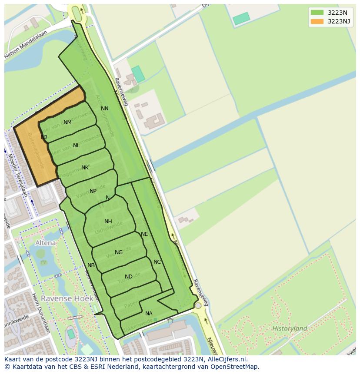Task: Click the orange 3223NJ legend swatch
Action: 317,22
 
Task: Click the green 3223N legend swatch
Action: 317,13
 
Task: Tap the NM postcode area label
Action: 67,122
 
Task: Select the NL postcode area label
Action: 77,146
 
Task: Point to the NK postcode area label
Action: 85,168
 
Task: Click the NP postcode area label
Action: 93,191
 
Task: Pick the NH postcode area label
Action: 108,222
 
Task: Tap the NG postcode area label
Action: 119,252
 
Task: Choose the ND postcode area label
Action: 129,277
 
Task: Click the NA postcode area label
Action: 149,314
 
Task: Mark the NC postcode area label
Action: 157,262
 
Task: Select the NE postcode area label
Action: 144,234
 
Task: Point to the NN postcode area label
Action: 105,109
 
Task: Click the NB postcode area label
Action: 91,265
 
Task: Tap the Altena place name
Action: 46,243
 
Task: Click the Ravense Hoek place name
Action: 62,298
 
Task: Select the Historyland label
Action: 290,328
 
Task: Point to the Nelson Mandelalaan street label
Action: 25,48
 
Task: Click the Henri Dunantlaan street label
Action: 41,313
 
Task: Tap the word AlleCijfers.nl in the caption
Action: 226,359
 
